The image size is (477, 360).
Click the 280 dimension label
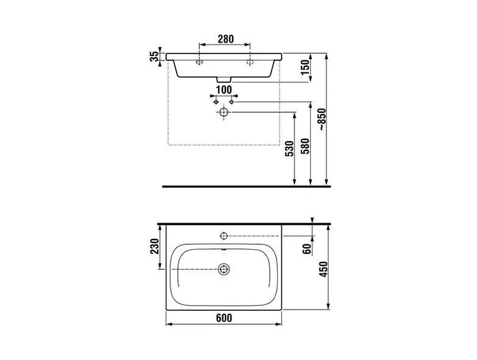point(225,39)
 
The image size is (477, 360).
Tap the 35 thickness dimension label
point(155,57)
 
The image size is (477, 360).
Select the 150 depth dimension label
point(305,68)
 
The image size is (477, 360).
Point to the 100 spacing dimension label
point(224,90)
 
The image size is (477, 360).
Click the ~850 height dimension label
point(322,119)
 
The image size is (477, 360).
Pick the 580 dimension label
point(305,146)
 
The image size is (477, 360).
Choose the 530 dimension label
point(289,149)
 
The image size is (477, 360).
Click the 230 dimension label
point(155,246)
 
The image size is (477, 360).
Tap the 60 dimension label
point(307,249)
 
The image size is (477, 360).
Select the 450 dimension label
point(323,269)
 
